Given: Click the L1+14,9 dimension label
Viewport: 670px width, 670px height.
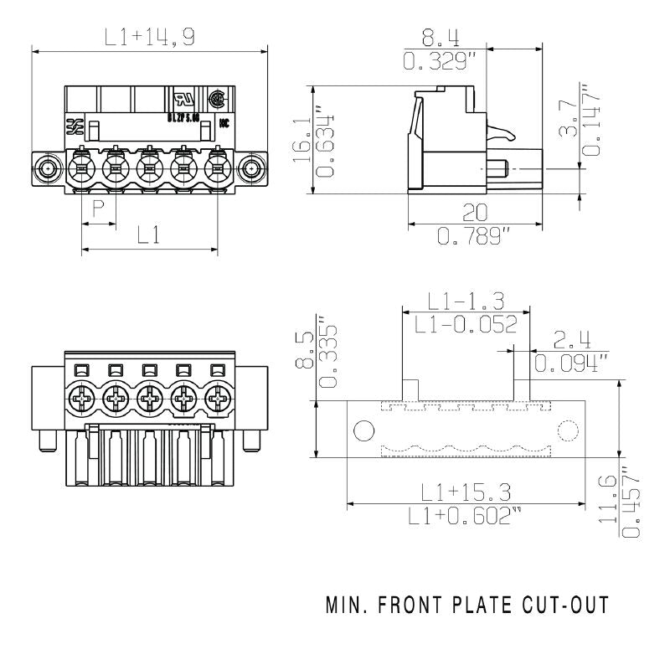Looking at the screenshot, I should [149, 37].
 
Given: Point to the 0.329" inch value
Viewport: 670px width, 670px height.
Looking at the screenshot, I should [440, 60].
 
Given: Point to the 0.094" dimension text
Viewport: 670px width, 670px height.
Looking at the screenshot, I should [571, 363].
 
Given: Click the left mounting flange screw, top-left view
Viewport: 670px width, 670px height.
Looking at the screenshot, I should [49, 169].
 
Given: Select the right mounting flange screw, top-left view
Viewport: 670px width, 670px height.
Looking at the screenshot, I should [251, 169].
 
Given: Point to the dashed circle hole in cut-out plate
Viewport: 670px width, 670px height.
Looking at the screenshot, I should [568, 431].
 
